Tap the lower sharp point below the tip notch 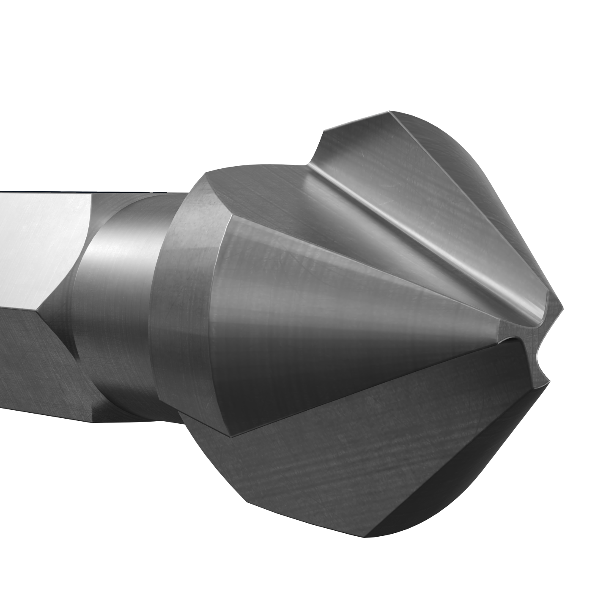click(550, 380)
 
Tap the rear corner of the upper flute click(324, 131)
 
